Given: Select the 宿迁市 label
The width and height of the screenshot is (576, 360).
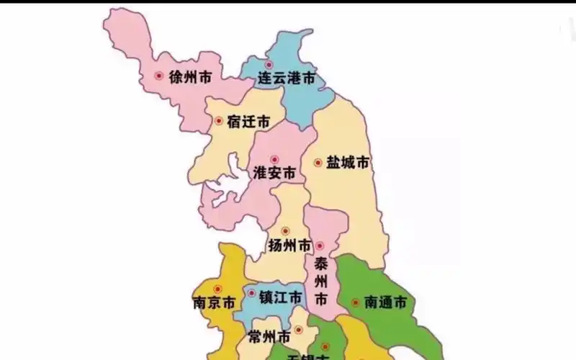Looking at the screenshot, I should (x=248, y=122).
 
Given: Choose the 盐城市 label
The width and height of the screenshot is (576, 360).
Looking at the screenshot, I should (x=347, y=163).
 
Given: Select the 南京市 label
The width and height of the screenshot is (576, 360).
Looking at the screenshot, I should (x=214, y=302).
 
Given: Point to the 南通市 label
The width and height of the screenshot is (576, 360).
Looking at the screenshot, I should (x=385, y=302).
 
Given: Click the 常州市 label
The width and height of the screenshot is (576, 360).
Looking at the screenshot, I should (x=269, y=337).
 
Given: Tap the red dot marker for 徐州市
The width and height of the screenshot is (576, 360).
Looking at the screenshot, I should (x=159, y=75).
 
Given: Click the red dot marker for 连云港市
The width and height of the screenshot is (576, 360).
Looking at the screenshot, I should (x=268, y=64).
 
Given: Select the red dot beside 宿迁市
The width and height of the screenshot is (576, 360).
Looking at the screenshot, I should (x=218, y=121).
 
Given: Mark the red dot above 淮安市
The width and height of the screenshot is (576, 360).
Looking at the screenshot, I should (x=274, y=159).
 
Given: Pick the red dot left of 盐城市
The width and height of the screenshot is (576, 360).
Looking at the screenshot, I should (x=318, y=163).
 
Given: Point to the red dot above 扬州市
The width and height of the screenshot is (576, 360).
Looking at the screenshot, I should (x=285, y=231).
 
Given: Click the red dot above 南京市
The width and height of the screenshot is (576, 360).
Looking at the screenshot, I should (x=217, y=289).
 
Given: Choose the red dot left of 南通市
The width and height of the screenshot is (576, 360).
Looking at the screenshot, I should (x=355, y=302).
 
